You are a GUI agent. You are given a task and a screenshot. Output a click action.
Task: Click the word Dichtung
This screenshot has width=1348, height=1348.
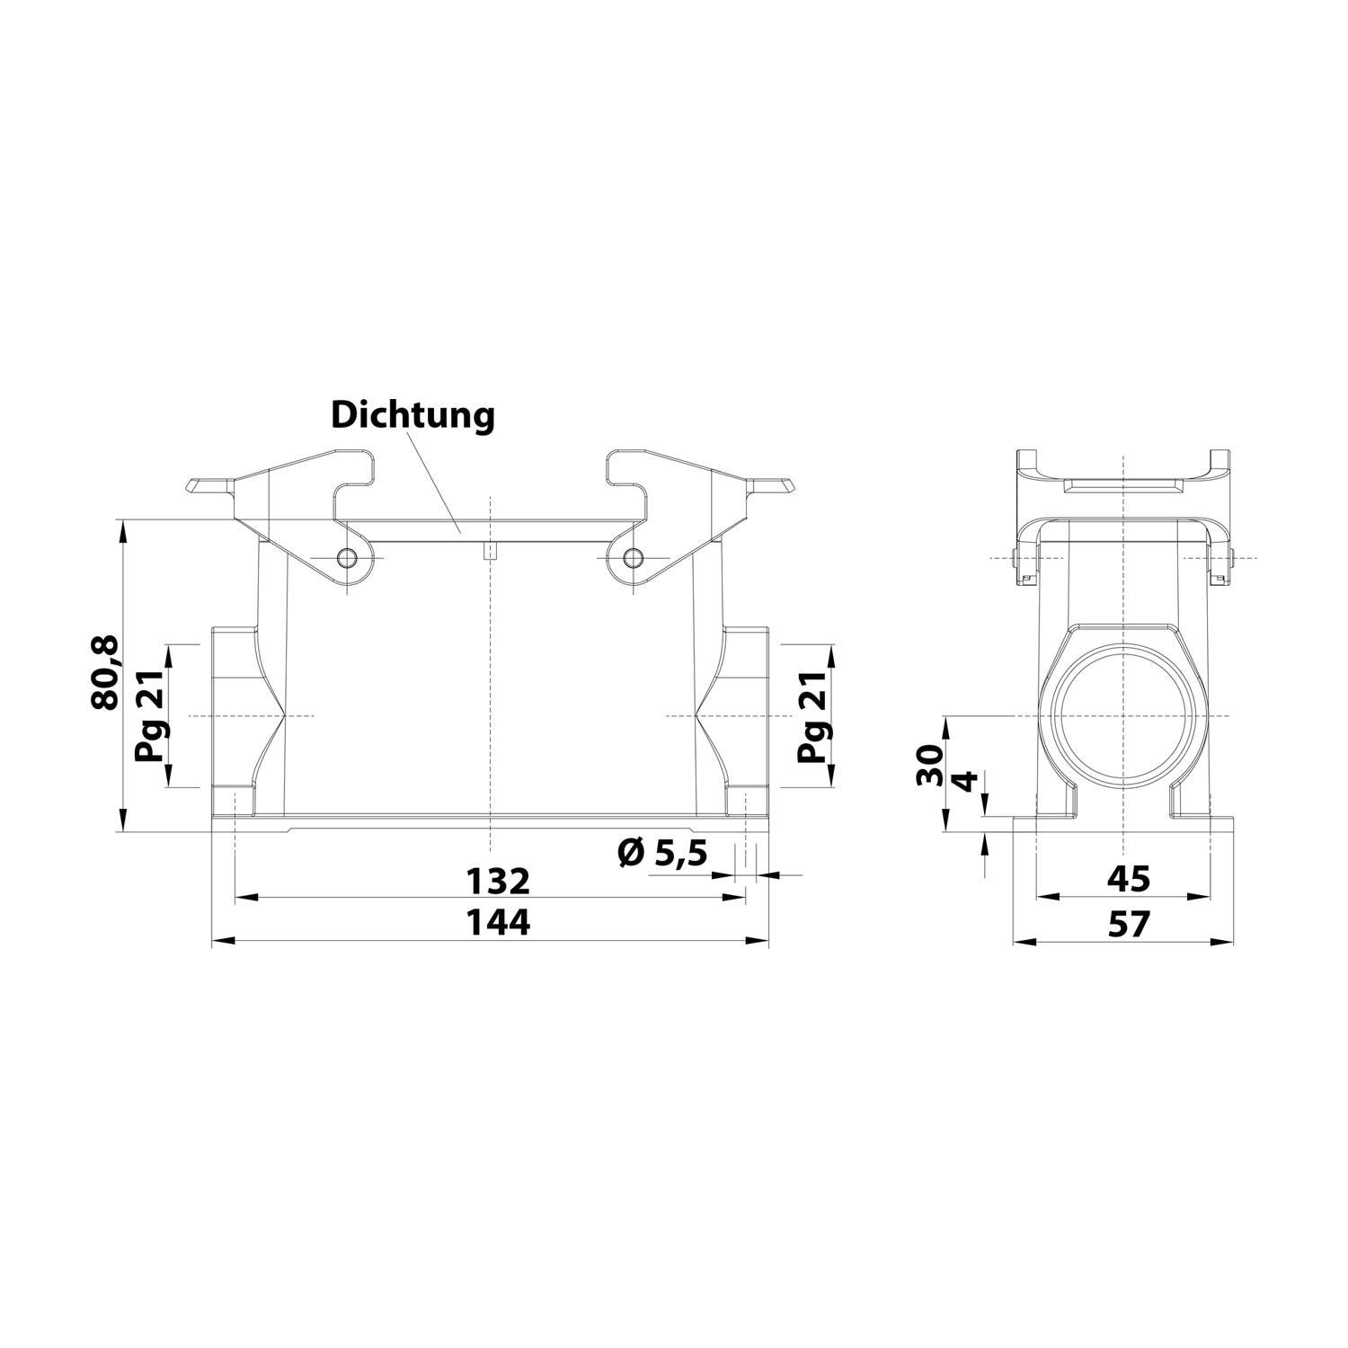pos(412,416)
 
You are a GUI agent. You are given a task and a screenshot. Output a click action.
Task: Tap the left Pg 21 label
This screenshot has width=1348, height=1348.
pos(150,716)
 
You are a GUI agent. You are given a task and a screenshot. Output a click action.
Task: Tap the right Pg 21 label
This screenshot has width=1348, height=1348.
pos(813,716)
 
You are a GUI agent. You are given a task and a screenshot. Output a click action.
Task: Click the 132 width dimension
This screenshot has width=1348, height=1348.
pos(497,882)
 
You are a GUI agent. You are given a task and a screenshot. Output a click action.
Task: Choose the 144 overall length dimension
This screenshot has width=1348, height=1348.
pos(497,924)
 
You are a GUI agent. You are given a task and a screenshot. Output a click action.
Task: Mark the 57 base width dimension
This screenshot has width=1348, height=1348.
pos(1128,924)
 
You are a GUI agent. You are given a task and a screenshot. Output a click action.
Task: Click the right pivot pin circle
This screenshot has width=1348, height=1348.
pos(633,557)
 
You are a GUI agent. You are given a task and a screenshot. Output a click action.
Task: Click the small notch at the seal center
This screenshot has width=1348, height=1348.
pos(489,550)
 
